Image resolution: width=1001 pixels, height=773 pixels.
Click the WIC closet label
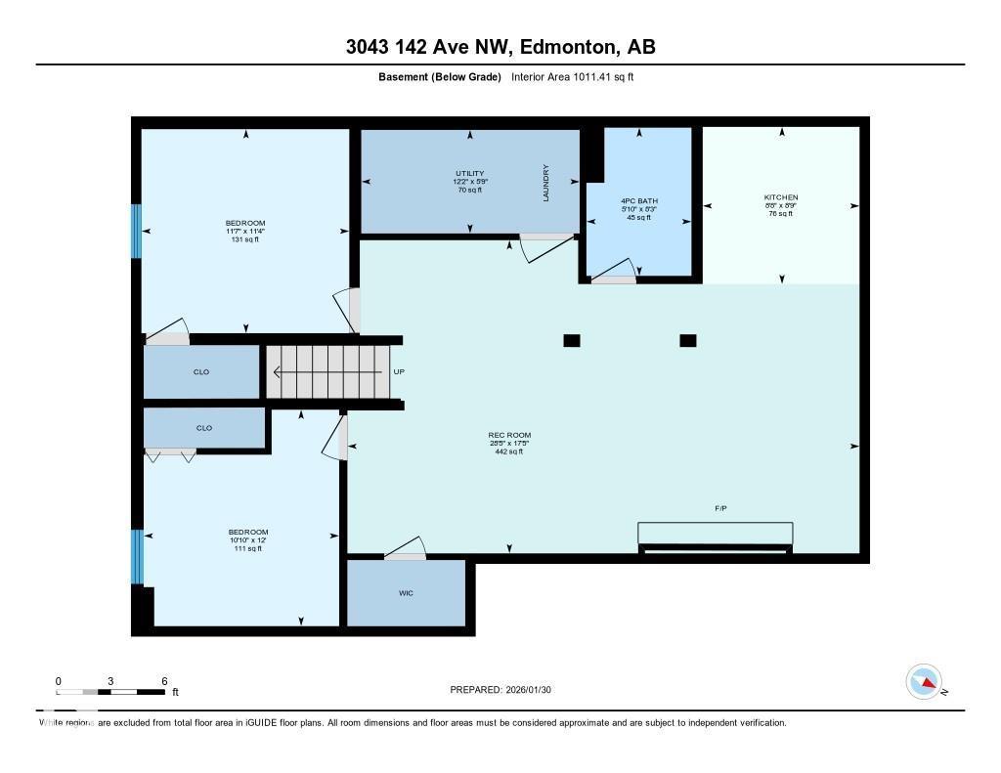406,593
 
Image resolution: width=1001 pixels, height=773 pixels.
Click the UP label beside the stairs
398,372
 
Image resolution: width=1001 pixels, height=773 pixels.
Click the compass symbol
924,681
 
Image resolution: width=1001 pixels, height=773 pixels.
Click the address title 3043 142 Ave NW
500,47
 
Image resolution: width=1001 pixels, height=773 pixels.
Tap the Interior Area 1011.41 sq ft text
573,76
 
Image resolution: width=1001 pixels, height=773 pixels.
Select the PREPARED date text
506,690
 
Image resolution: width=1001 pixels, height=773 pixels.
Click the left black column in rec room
572,340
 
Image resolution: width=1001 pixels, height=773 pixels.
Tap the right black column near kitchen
687,340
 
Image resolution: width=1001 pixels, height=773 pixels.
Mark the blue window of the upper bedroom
137,231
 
